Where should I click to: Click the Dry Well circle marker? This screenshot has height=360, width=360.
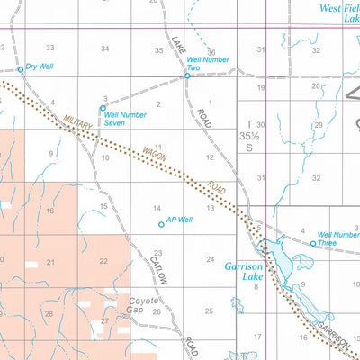click(21, 69)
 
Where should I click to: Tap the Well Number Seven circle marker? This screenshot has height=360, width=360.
click(103, 108)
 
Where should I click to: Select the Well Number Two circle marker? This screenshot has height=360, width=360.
click(187, 76)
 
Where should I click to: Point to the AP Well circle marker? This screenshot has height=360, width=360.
click(162, 224)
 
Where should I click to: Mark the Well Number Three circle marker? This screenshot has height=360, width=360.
click(313, 243)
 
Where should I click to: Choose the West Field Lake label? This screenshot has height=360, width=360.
click(339, 12)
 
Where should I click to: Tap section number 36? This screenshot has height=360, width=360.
click(211, 53)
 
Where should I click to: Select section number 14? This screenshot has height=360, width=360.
click(157, 208)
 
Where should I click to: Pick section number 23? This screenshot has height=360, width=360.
click(157, 253)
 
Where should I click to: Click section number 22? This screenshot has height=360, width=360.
click(103, 261)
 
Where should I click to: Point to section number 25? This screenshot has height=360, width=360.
click(209, 310)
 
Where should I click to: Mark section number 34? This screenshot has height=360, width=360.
click(105, 49)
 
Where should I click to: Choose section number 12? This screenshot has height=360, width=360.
click(209, 157)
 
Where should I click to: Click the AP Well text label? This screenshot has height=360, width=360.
click(180, 220)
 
